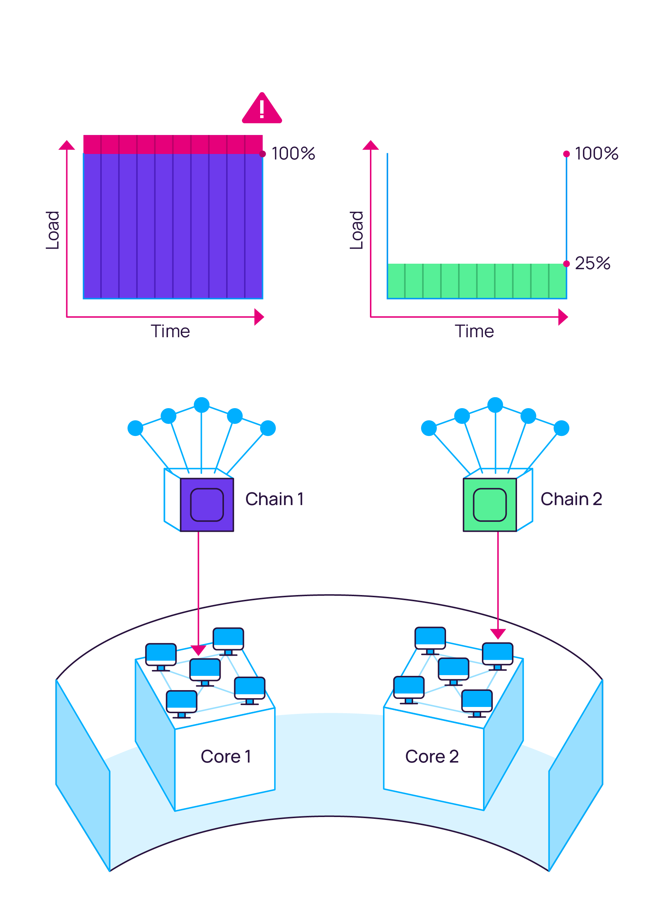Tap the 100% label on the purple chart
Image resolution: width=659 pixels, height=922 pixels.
(293, 154)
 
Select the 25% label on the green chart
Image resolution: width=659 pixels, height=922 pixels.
(592, 263)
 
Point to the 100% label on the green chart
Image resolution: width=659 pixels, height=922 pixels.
(596, 154)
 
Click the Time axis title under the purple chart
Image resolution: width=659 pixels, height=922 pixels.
(171, 331)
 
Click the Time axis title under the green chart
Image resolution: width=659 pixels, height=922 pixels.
(474, 331)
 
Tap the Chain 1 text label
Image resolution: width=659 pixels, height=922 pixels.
(275, 499)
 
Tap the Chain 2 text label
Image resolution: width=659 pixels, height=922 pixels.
(571, 499)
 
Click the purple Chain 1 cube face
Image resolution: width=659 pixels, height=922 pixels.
(207, 505)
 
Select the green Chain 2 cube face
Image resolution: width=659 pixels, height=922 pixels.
(490, 505)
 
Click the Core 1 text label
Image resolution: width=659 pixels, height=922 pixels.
(226, 756)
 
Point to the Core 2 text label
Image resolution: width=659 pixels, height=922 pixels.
(432, 756)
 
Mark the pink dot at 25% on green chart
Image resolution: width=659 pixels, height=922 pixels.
(566, 264)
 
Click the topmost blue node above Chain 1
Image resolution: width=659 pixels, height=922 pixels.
(202, 405)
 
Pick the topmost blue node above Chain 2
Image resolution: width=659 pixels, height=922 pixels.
(495, 405)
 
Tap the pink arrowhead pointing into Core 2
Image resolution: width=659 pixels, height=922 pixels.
(498, 633)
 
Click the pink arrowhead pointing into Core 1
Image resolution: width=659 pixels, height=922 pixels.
(198, 650)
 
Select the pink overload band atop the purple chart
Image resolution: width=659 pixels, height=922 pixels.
(173, 144)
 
